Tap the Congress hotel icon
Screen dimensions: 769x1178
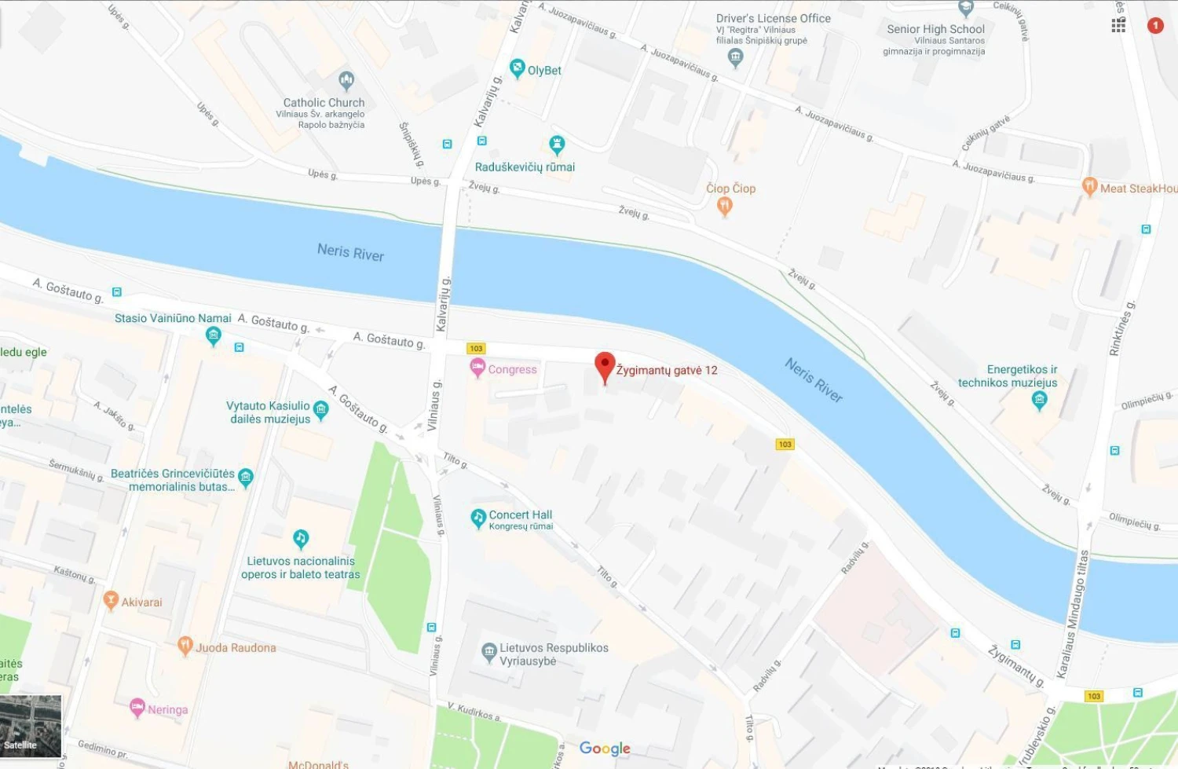(477, 368)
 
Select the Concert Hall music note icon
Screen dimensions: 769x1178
(477, 518)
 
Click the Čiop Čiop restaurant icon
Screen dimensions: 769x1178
(725, 206)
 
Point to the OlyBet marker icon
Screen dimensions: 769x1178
(517, 68)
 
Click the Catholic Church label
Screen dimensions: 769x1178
(324, 103)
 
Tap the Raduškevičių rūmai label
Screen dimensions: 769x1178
(525, 167)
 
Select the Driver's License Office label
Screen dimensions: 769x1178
(773, 18)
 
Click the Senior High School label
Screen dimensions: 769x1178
(935, 29)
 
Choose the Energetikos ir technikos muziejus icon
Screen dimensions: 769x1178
(1039, 401)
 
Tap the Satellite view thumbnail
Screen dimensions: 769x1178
(31, 725)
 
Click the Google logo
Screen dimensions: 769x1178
(605, 749)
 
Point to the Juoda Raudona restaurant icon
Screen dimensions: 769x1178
(185, 646)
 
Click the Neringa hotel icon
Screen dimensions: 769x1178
(137, 707)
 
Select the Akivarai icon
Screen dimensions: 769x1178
(111, 601)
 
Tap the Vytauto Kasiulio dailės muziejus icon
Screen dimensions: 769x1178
(320, 408)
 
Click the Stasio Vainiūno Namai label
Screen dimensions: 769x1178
(173, 318)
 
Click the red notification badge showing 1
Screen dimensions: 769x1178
(1155, 26)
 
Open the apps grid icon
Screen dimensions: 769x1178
(1118, 26)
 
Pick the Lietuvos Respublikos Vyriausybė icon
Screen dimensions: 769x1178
(488, 652)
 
